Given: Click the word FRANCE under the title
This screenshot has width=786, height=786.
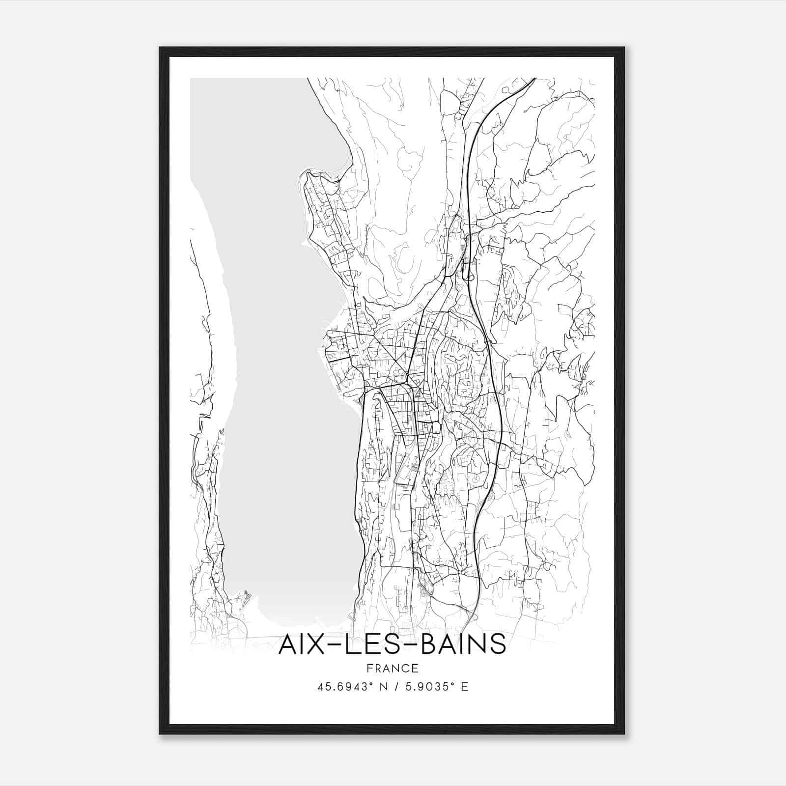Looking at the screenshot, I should tap(392, 669).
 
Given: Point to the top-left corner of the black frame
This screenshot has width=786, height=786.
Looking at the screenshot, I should tap(161, 48).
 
